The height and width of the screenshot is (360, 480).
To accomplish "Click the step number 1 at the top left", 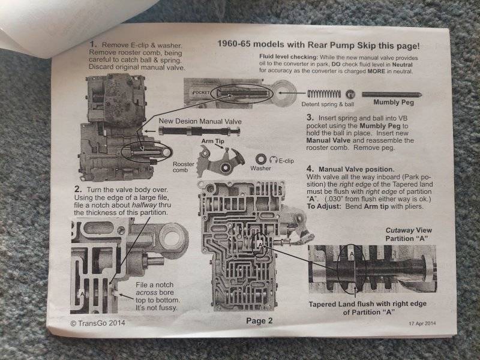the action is tap(94, 44).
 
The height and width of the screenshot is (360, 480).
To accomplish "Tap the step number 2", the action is tap(78, 189).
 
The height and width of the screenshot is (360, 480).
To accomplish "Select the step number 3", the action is tap(310, 118).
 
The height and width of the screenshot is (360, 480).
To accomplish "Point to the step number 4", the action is tap(310, 169).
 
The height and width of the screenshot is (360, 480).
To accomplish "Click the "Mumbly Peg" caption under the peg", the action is tap(394, 102).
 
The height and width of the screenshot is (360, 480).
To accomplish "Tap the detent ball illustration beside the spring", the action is tap(350, 94).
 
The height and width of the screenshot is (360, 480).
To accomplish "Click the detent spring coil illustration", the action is tap(324, 94).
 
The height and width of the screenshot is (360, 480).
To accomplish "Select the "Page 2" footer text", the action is tap(259, 320).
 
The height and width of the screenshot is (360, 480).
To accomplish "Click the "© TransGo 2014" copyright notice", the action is tap(98, 323).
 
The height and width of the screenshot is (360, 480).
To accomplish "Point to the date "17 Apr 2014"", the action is tap(422, 323).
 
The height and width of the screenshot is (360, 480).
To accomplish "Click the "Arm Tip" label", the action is tap(213, 141).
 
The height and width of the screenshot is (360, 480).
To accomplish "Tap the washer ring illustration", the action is tap(261, 159).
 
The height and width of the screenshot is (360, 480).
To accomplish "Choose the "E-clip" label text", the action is tap(286, 161).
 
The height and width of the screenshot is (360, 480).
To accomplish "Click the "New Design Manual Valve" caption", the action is tap(200, 121).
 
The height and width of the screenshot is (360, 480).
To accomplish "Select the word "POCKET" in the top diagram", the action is tap(202, 92).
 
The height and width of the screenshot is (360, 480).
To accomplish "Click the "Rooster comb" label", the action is tap(184, 167).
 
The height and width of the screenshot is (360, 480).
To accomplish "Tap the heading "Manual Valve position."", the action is tap(356, 169).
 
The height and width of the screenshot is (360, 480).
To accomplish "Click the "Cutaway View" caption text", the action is tap(409, 230).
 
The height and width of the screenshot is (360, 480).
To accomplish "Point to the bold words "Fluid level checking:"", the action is tap(288, 57).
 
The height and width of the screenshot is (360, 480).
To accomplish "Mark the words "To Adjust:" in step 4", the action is tap(323, 206).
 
